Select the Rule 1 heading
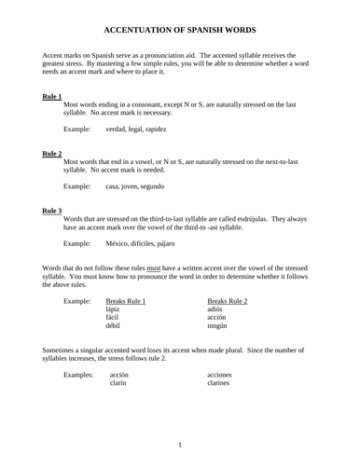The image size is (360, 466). [x=52, y=96]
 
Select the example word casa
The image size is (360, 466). [x=115, y=187]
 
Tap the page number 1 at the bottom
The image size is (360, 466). [x=180, y=445]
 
